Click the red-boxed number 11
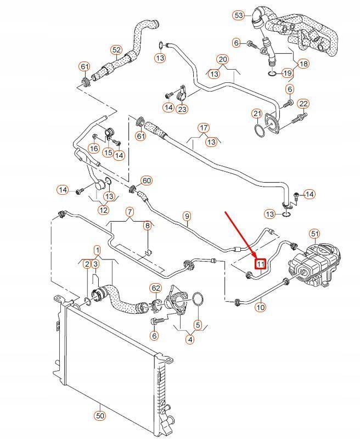tap(261, 264)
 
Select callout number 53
tap(239, 15)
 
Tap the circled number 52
tap(116, 50)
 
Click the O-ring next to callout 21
tap(260, 131)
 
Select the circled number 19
tap(287, 74)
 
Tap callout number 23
tap(182, 109)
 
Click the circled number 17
tap(204, 128)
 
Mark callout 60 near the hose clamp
tap(147, 180)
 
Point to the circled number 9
tap(187, 216)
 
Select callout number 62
tap(156, 288)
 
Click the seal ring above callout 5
tap(198, 299)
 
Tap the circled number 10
tap(261, 307)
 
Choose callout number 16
tap(94, 148)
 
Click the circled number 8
tap(147, 225)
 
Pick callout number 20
tap(222, 59)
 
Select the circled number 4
tap(190, 340)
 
